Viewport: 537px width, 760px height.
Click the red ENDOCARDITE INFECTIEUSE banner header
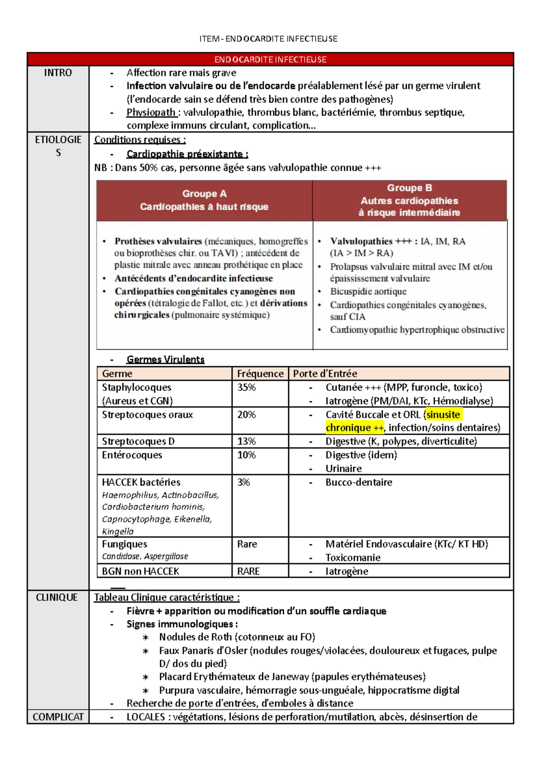[270, 60]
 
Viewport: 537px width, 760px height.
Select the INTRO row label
[58, 73]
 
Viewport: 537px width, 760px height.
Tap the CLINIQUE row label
[57, 597]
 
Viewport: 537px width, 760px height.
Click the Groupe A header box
[204, 200]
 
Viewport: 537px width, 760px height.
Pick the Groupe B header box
[409, 200]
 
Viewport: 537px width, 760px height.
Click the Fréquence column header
[260, 373]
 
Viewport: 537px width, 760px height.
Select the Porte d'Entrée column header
[325, 373]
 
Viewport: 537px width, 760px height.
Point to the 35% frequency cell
[247, 387]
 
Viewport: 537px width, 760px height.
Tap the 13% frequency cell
[247, 441]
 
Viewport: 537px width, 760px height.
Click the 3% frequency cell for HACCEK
[243, 482]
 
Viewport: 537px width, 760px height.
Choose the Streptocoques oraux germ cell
[147, 414]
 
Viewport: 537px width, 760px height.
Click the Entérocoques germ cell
[132, 455]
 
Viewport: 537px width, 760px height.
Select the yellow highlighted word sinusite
[443, 414]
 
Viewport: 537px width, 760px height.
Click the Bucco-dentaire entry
[359, 482]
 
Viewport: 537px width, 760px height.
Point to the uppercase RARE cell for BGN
[248, 571]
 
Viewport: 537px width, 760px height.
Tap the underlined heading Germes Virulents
[166, 359]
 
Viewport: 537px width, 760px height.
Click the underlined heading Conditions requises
[140, 140]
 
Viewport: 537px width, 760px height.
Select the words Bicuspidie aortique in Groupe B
[368, 291]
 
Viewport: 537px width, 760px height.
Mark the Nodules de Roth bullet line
[237, 637]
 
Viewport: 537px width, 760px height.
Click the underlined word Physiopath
[151, 112]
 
